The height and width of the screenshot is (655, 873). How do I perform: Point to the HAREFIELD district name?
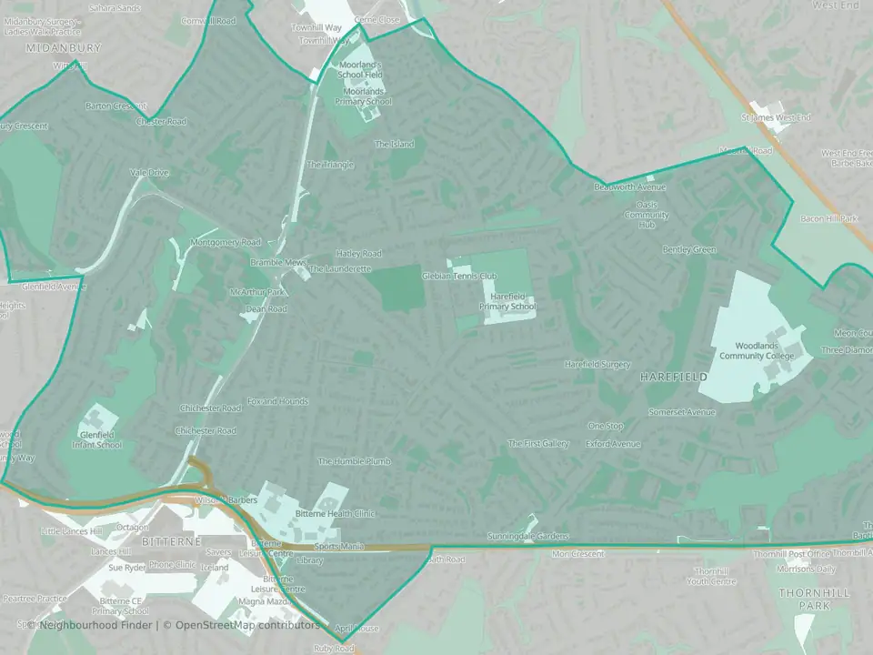tap(673, 376)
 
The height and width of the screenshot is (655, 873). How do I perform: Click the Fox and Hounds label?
tap(278, 401)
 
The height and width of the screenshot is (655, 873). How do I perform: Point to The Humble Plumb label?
tap(354, 462)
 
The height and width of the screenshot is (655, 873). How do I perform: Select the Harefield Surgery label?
tap(597, 365)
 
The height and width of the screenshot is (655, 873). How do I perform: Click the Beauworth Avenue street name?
tap(630, 187)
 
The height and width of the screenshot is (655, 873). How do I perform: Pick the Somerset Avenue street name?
tap(682, 412)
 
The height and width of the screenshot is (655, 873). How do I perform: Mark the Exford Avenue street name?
tap(613, 445)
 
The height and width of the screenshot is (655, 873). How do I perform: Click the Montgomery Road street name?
tap(226, 243)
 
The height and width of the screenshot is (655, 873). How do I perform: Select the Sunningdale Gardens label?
tap(527, 537)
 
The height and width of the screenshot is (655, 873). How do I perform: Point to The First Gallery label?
tap(538, 444)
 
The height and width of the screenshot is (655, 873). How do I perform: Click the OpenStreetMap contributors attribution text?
tap(247, 625)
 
